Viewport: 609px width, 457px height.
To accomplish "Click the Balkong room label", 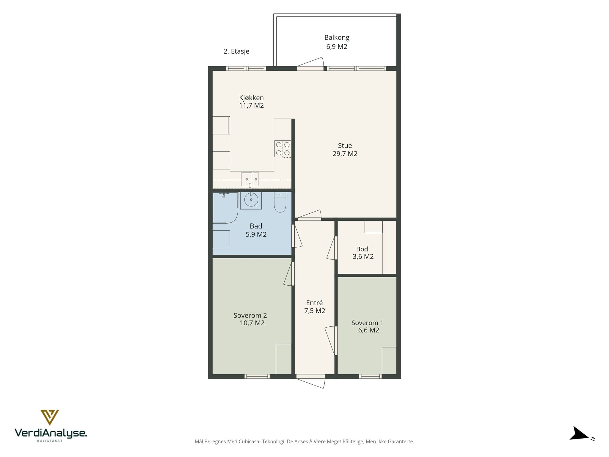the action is click(337, 38).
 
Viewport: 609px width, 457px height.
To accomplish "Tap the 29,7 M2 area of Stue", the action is click(345, 154).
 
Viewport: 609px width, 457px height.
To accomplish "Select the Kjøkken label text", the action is click(251, 98).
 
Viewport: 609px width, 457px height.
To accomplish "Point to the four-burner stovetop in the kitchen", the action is click(283, 149).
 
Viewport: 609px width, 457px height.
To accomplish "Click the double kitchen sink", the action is click(250, 179).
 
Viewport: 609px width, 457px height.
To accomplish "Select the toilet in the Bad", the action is click(280, 202).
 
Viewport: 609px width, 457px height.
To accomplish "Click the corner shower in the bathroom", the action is click(225, 207).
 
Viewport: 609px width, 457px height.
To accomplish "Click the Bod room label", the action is click(362, 249).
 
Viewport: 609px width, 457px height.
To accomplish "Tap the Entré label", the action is click(314, 303).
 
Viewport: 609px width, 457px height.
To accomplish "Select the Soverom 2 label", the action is click(250, 315).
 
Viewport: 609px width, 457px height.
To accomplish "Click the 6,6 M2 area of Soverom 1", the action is click(369, 330).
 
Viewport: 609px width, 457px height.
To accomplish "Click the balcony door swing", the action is click(310, 63).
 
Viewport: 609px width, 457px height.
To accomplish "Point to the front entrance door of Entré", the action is click(310, 381).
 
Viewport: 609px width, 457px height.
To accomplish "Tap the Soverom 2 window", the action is click(257, 376).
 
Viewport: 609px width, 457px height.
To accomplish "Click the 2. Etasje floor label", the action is click(236, 51).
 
